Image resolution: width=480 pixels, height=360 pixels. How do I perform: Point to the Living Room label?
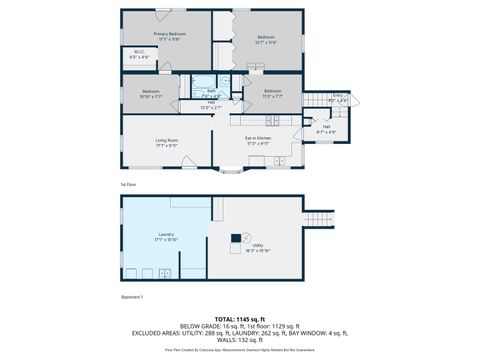point(166,142)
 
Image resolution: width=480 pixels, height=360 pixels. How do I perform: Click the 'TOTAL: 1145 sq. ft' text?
point(239,317)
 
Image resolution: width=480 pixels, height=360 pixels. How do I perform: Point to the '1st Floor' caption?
point(127,185)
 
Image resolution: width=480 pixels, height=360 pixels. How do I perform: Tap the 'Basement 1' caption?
point(131,297)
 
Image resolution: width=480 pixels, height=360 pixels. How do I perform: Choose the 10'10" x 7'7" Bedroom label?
point(138,95)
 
